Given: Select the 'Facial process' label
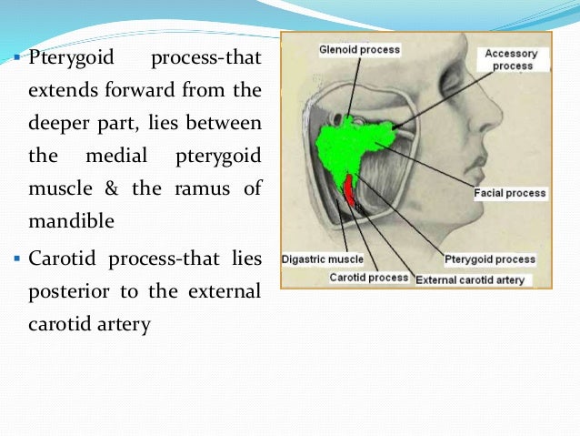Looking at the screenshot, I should click(x=510, y=193).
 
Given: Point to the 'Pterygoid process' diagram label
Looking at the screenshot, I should click(x=490, y=259).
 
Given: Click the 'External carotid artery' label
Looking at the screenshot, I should click(x=470, y=280).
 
